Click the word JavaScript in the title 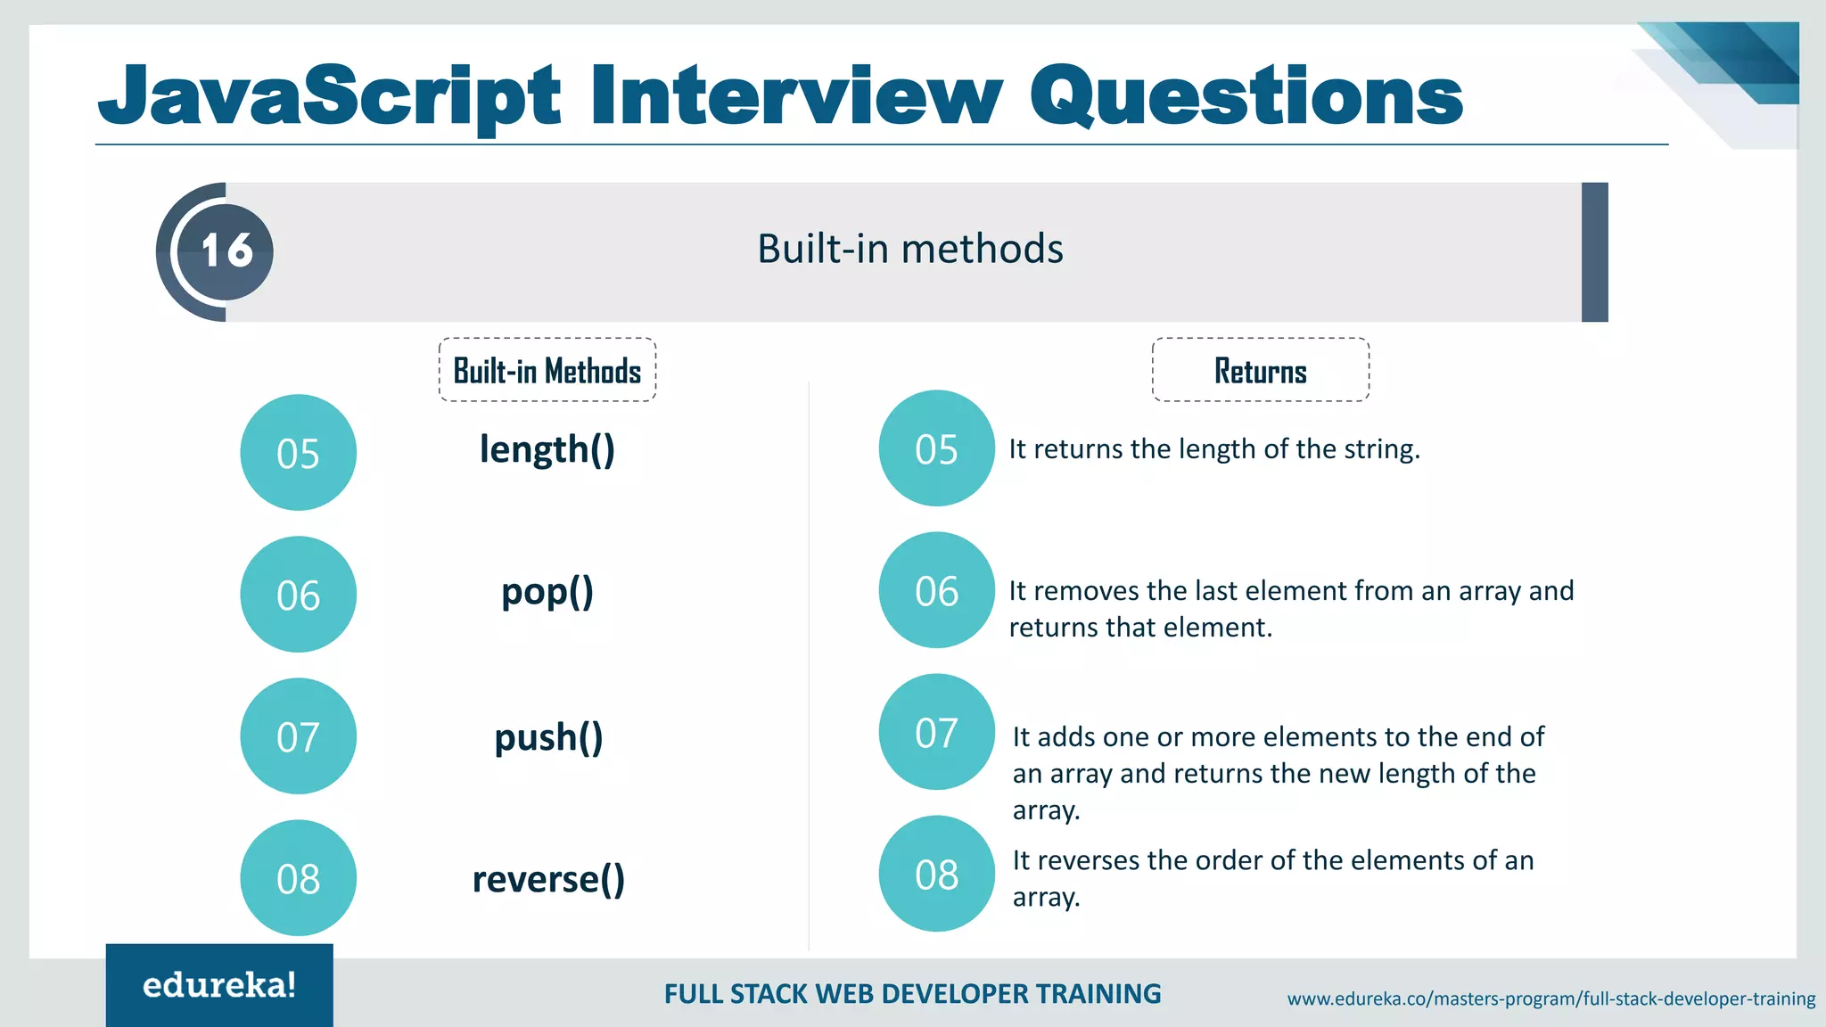point(330,96)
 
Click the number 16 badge point(226,251)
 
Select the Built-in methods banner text point(909,249)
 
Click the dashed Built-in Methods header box point(547,370)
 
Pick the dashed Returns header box point(1260,370)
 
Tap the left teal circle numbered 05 point(298,453)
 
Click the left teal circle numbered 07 point(298,736)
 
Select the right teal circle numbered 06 point(936,590)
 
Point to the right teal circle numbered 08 point(936,874)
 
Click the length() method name point(547,449)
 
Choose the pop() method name point(547,592)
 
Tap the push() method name point(548,737)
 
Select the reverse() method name point(548,879)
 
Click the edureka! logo point(219,985)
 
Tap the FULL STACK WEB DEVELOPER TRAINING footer point(912,994)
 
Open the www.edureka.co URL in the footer point(1550,998)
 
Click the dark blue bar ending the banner point(1594,252)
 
